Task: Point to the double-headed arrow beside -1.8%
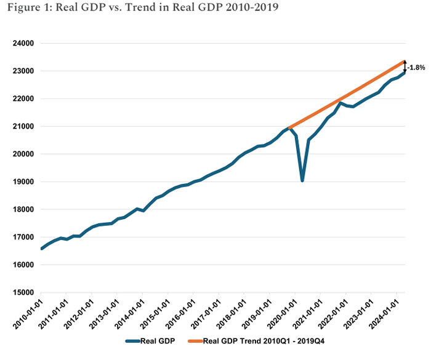405,67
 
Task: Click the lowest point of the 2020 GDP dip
302,180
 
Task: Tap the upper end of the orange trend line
404,61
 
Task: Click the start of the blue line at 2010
41,249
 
